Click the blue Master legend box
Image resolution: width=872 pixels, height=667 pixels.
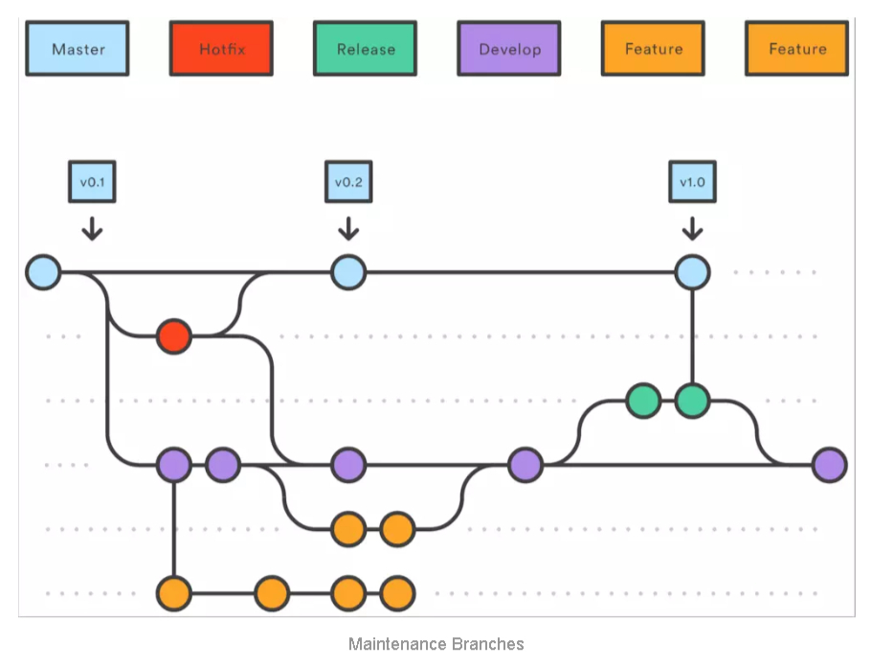(x=78, y=49)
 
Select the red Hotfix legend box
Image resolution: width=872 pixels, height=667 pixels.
(x=221, y=49)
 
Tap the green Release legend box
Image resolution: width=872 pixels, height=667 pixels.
(x=365, y=49)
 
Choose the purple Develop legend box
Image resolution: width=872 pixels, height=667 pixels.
(x=509, y=49)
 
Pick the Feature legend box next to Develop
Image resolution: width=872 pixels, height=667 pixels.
(x=653, y=49)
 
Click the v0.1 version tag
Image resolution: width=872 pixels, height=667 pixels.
(x=92, y=181)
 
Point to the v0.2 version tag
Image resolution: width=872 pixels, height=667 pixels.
(x=348, y=181)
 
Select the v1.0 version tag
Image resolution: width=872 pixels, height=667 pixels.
(x=691, y=181)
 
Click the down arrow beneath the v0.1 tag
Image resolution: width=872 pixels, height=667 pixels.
(x=92, y=230)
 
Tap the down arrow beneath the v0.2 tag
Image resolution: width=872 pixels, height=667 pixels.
(x=348, y=230)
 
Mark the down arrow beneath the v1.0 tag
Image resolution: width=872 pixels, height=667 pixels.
(x=691, y=230)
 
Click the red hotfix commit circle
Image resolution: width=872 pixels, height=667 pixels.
(x=173, y=336)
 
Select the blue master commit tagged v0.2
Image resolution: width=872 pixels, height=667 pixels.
(x=348, y=272)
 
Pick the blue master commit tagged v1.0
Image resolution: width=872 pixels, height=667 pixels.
(x=691, y=272)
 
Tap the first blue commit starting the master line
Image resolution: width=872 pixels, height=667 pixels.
(x=43, y=272)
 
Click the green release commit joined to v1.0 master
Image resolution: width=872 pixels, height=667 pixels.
(x=691, y=401)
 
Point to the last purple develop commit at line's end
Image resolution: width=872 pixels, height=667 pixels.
(x=829, y=465)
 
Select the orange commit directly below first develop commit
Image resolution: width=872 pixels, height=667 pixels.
(x=173, y=593)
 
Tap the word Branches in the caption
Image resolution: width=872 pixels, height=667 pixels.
(x=488, y=644)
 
